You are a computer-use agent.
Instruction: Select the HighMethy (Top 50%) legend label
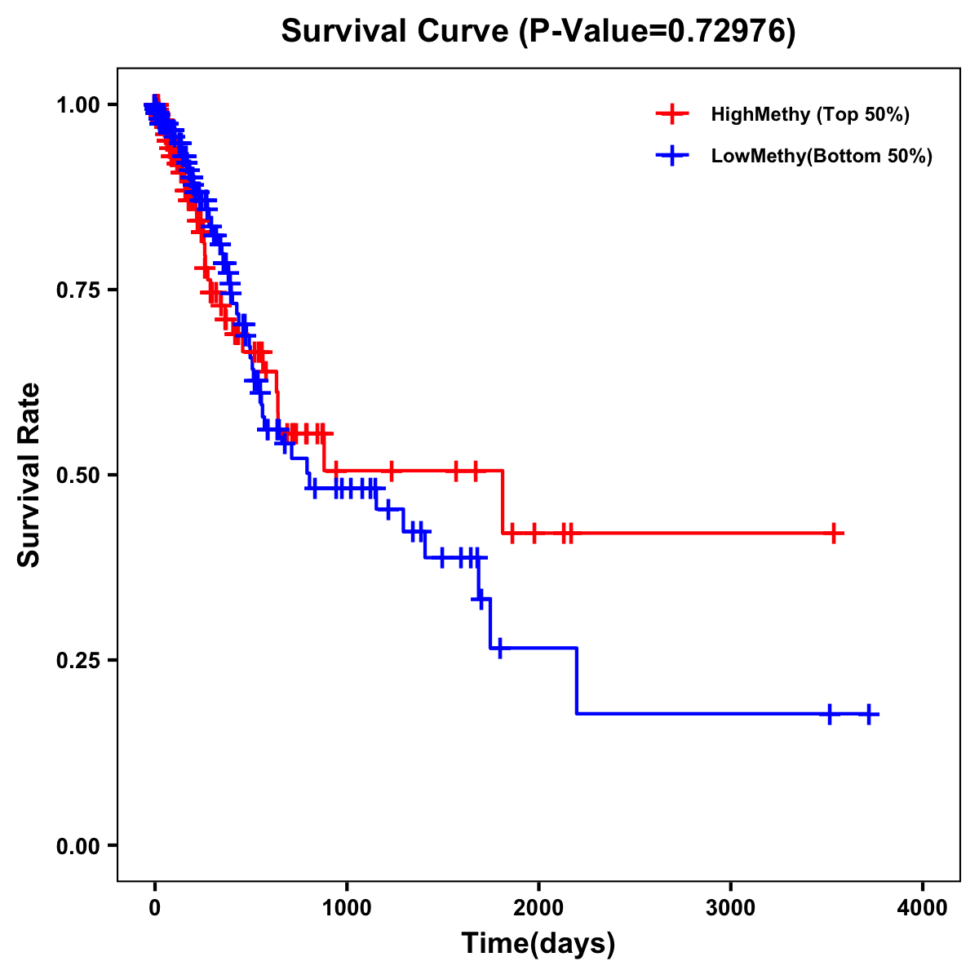coord(809,114)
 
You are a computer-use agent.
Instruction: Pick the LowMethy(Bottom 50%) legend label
coord(821,157)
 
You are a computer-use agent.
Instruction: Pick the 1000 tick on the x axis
coord(347,908)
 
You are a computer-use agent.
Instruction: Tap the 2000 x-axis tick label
coord(538,908)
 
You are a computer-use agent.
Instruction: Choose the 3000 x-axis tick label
coord(730,908)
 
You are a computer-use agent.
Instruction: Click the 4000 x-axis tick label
coord(922,908)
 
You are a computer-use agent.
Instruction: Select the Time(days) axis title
coord(538,944)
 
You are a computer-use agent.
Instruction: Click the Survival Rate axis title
coord(29,475)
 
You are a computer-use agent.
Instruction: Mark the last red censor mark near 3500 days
coord(834,534)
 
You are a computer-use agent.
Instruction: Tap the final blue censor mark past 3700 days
coord(869,715)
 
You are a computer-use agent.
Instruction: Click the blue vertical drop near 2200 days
coord(577,681)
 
